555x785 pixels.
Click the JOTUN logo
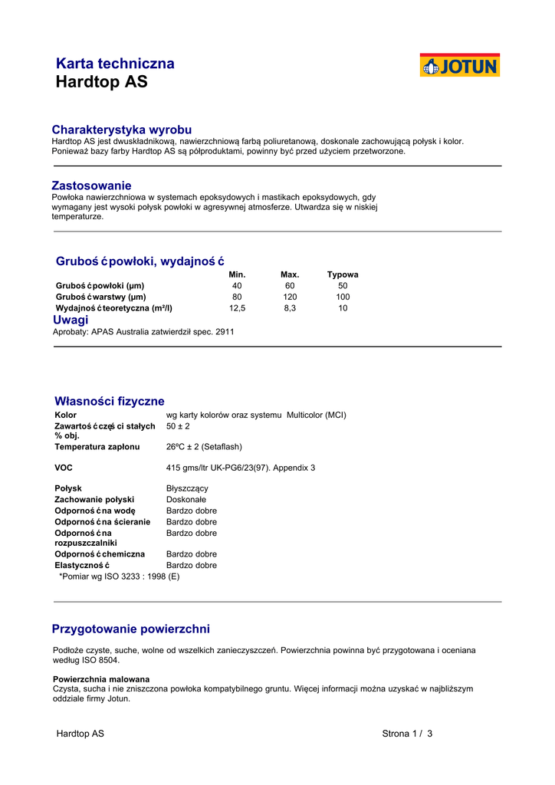click(459, 66)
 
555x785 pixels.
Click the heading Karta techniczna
click(115, 64)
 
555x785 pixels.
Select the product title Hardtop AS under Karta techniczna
click(101, 82)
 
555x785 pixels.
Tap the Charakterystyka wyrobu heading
click(121, 130)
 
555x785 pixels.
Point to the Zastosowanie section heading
click(91, 186)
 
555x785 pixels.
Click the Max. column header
click(290, 274)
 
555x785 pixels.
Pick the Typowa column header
click(343, 274)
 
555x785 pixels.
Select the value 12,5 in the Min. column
click(238, 308)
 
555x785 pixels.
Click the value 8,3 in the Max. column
click(290, 308)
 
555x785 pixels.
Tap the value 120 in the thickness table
click(290, 297)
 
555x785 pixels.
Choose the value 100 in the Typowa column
click(343, 297)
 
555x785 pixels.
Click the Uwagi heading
click(71, 320)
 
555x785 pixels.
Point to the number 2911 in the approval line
click(225, 332)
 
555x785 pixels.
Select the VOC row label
click(63, 467)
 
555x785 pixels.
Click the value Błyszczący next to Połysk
click(187, 488)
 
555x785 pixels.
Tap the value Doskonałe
click(186, 500)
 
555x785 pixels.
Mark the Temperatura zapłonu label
click(97, 446)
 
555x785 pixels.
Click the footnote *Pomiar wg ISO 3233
click(119, 576)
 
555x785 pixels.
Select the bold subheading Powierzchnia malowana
click(101, 679)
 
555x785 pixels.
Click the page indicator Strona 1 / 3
click(407, 734)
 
